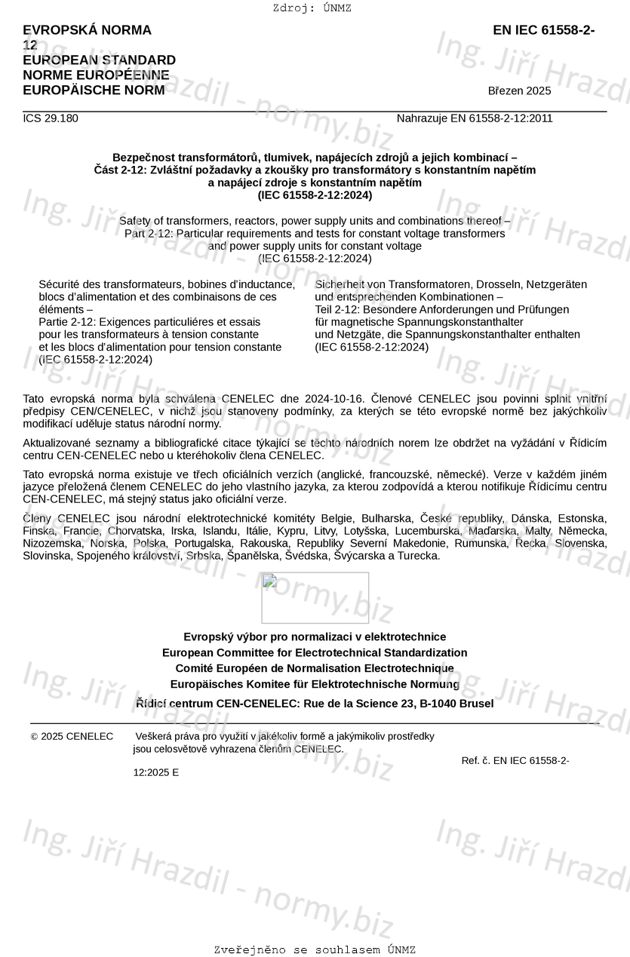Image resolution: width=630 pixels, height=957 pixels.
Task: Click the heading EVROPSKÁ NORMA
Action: coord(87,30)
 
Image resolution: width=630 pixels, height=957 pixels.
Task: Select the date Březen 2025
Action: coord(519,91)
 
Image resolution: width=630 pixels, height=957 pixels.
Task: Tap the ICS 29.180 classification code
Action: coord(50,118)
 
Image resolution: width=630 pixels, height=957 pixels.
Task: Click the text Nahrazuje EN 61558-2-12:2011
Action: coord(475,118)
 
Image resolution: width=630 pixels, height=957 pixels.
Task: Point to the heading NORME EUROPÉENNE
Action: coord(96,75)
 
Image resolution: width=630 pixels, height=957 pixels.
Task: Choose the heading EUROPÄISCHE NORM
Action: coord(94,90)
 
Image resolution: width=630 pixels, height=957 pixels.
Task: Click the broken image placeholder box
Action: coord(315,597)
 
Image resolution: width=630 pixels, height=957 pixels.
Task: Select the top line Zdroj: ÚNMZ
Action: coord(312,8)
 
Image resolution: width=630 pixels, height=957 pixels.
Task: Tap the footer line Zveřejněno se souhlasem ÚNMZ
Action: coord(315,950)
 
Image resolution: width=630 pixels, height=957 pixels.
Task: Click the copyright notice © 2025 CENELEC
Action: coord(72,736)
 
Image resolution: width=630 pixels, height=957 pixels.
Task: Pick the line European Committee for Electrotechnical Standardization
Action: coord(315,653)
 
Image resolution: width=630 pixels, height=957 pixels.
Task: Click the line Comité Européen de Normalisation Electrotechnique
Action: coord(315,669)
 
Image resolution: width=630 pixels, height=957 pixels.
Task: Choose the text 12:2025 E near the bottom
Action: coord(156,772)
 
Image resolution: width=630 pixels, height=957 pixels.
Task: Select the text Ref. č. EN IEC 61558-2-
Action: coord(515,760)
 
